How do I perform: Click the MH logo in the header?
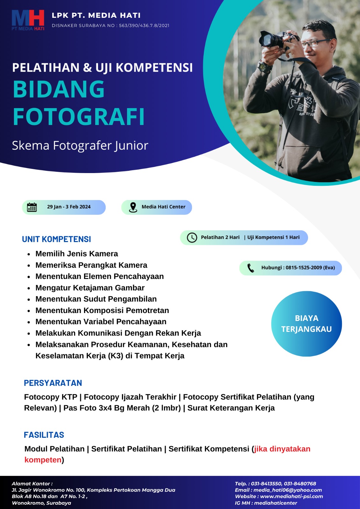[28, 20]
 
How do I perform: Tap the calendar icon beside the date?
[32, 207]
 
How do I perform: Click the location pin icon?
[133, 207]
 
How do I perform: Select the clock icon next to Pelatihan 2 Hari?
[192, 238]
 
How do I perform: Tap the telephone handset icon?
[251, 268]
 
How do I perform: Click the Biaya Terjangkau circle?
[306, 324]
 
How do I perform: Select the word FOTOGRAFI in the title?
[79, 117]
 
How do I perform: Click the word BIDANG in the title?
[59, 89]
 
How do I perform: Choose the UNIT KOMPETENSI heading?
[56, 239]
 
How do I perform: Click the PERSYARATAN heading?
[53, 383]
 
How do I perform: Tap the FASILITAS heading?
[44, 435]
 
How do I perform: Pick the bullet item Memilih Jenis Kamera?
[77, 254]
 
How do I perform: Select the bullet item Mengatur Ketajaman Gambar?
[90, 288]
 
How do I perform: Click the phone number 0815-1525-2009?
[304, 268]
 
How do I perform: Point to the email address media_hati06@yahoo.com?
[287, 490]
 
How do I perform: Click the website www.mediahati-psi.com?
[291, 496]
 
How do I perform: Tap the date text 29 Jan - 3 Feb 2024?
[69, 207]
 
